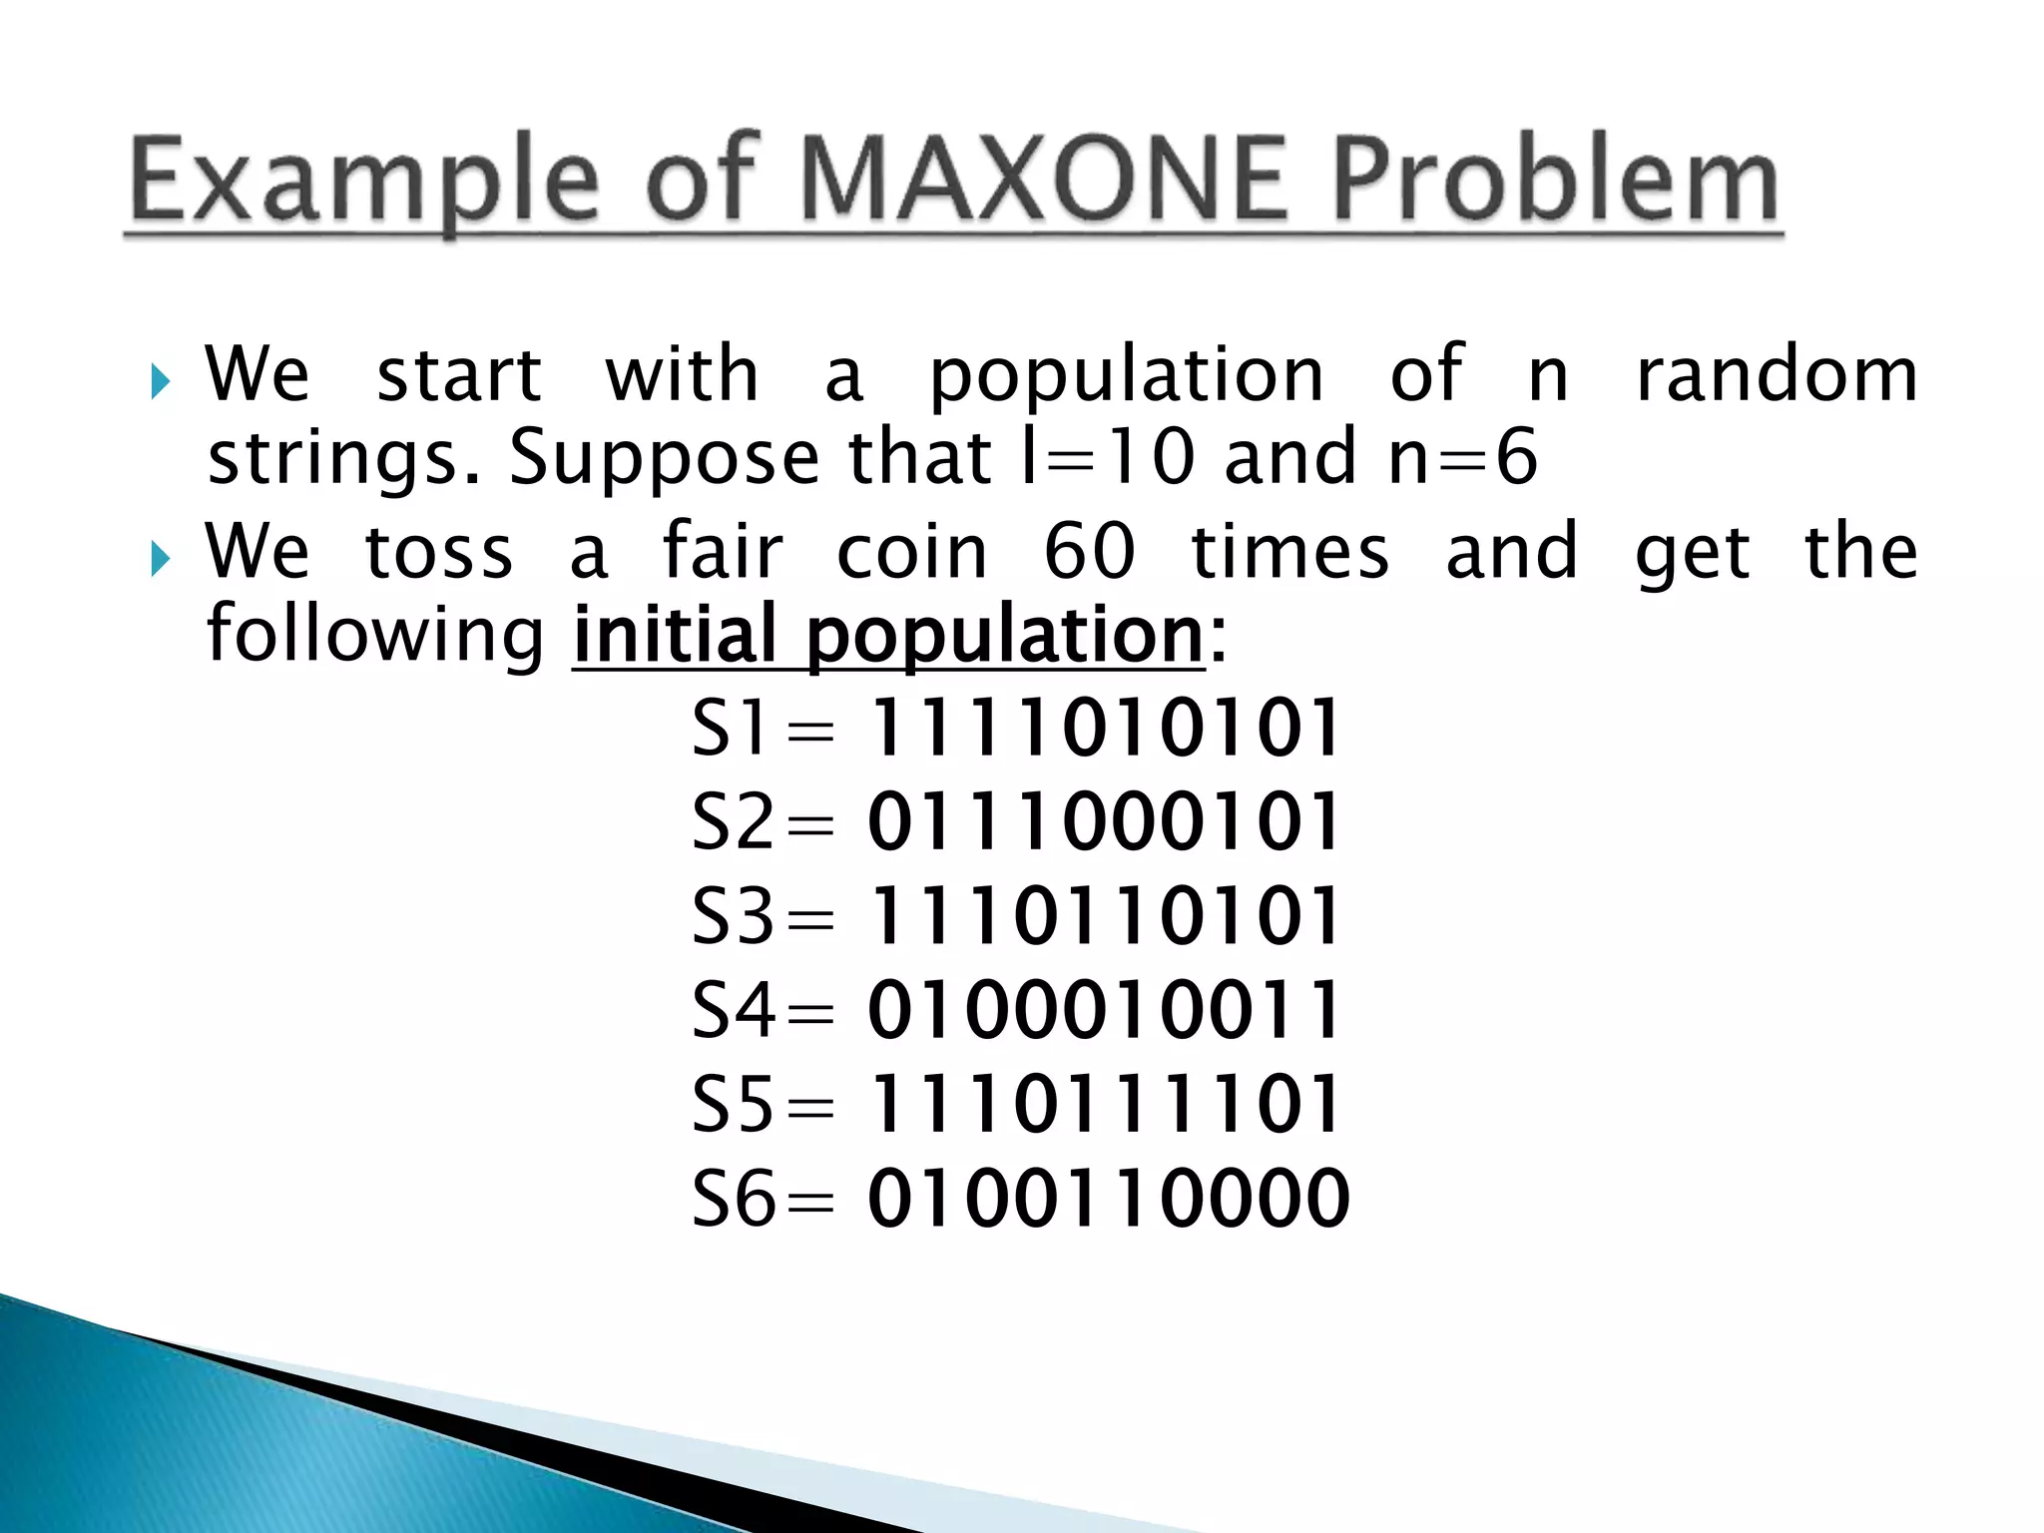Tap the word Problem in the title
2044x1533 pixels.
(1555, 181)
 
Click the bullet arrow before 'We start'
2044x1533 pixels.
(161, 381)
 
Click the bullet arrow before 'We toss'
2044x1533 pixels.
(161, 559)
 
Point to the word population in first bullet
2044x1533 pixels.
(1126, 376)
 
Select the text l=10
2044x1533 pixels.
(1107, 457)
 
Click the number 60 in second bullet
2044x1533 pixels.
(1089, 552)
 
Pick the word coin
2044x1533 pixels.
(911, 552)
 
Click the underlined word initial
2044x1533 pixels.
(675, 636)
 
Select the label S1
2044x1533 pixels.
(732, 728)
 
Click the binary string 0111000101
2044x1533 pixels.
(1104, 822)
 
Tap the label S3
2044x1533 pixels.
(734, 916)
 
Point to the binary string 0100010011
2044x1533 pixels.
(1104, 1010)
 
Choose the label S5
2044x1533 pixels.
(734, 1105)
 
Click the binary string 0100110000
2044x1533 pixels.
(1108, 1198)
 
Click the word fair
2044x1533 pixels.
(723, 552)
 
